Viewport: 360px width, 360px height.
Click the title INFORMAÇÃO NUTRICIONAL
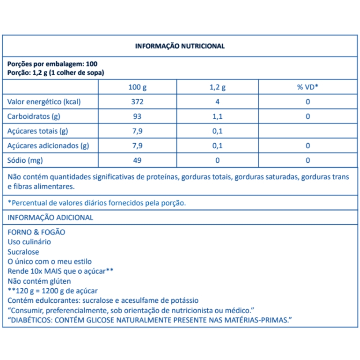tap(180, 46)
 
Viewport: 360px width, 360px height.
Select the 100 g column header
tap(137, 87)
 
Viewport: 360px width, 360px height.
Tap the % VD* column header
tap(307, 87)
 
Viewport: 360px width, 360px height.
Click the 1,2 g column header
tap(217, 87)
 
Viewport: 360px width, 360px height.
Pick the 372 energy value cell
tap(137, 102)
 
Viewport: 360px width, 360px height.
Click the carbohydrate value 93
tap(137, 116)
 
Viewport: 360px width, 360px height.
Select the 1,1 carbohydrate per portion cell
tap(217, 116)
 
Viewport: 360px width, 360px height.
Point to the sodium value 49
tap(137, 160)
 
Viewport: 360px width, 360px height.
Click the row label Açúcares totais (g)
tap(38, 131)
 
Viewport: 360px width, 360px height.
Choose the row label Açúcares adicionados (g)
tap(48, 146)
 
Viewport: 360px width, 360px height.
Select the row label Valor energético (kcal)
tap(44, 102)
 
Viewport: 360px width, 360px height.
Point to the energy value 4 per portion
tap(217, 102)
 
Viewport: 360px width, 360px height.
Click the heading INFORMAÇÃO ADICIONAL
tap(50, 217)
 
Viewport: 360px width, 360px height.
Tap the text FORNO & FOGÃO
tap(36, 232)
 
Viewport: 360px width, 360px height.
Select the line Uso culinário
tap(29, 242)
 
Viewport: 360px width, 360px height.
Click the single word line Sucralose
tap(23, 252)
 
